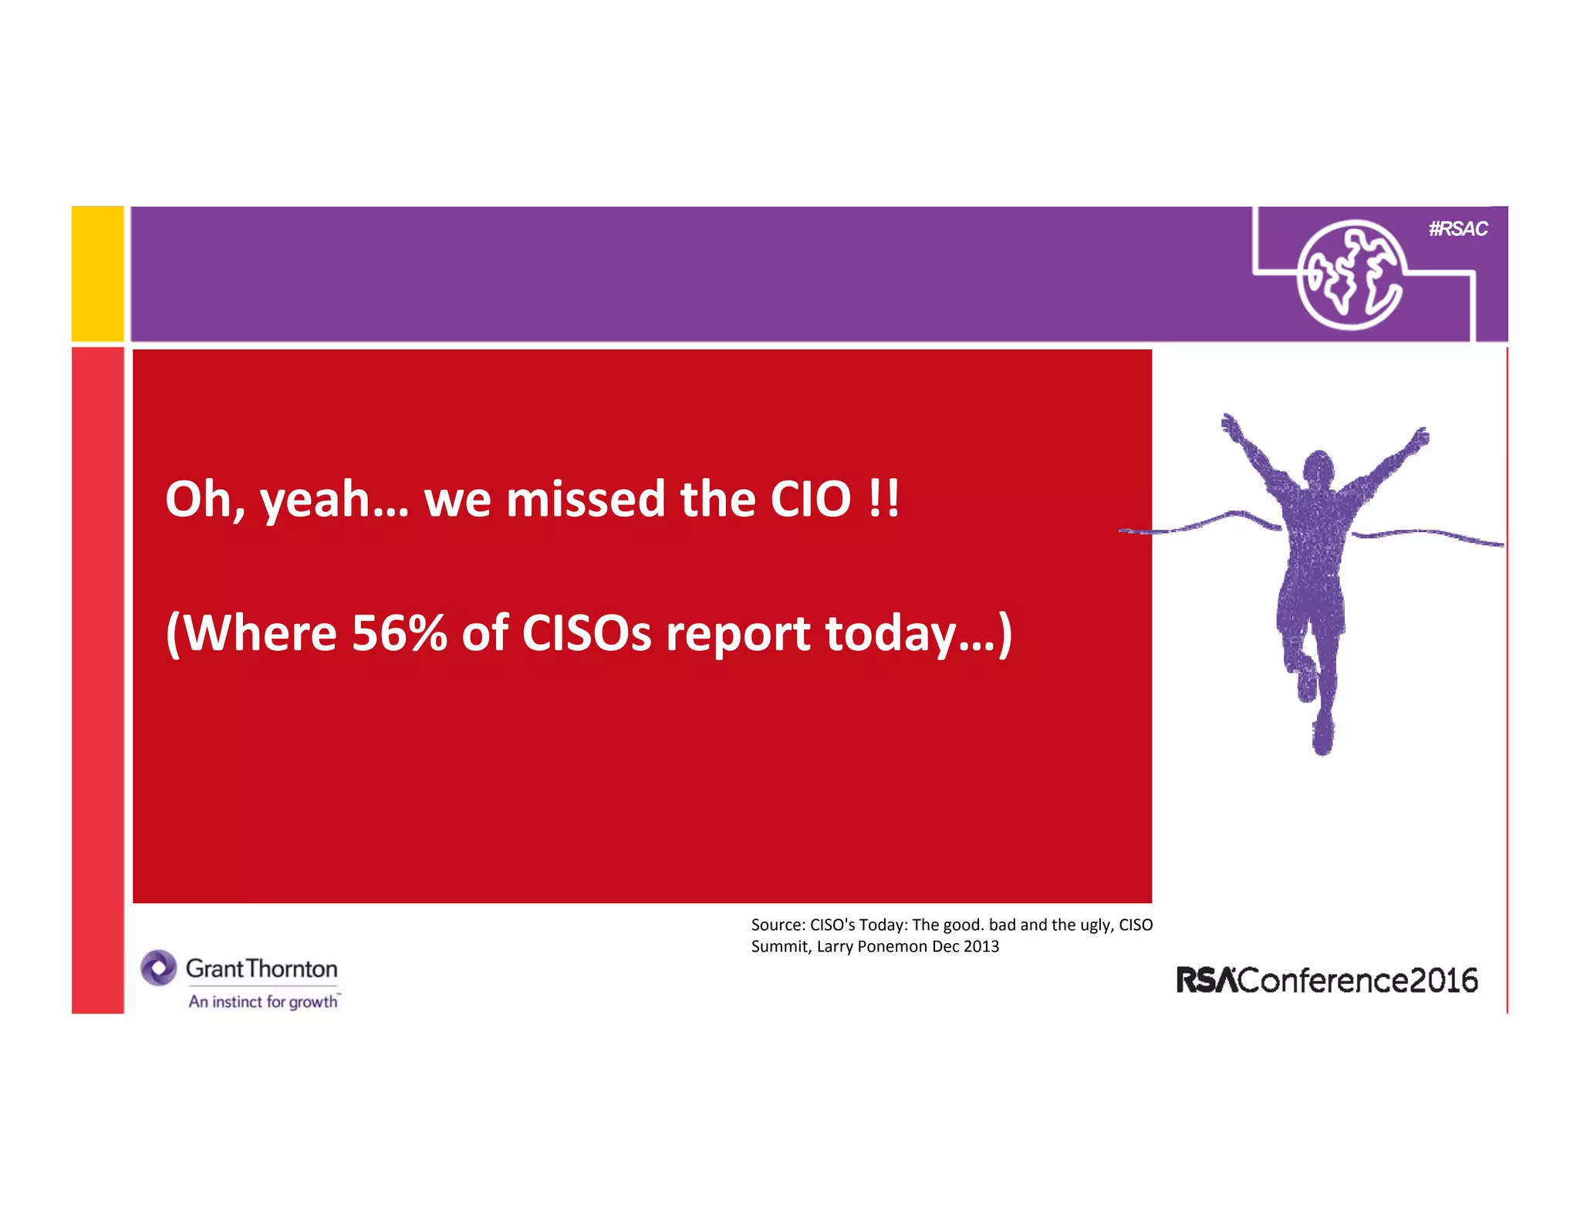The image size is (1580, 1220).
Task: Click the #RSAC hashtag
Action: point(1457,229)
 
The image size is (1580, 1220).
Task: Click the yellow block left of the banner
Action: point(97,274)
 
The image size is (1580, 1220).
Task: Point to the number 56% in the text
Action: point(399,633)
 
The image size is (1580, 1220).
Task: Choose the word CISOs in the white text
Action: point(586,633)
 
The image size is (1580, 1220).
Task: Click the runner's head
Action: point(1318,467)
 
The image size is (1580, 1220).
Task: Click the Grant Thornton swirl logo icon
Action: point(159,968)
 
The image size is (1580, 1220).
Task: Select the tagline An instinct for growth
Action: point(263,1002)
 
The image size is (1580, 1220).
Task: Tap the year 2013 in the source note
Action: point(981,946)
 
